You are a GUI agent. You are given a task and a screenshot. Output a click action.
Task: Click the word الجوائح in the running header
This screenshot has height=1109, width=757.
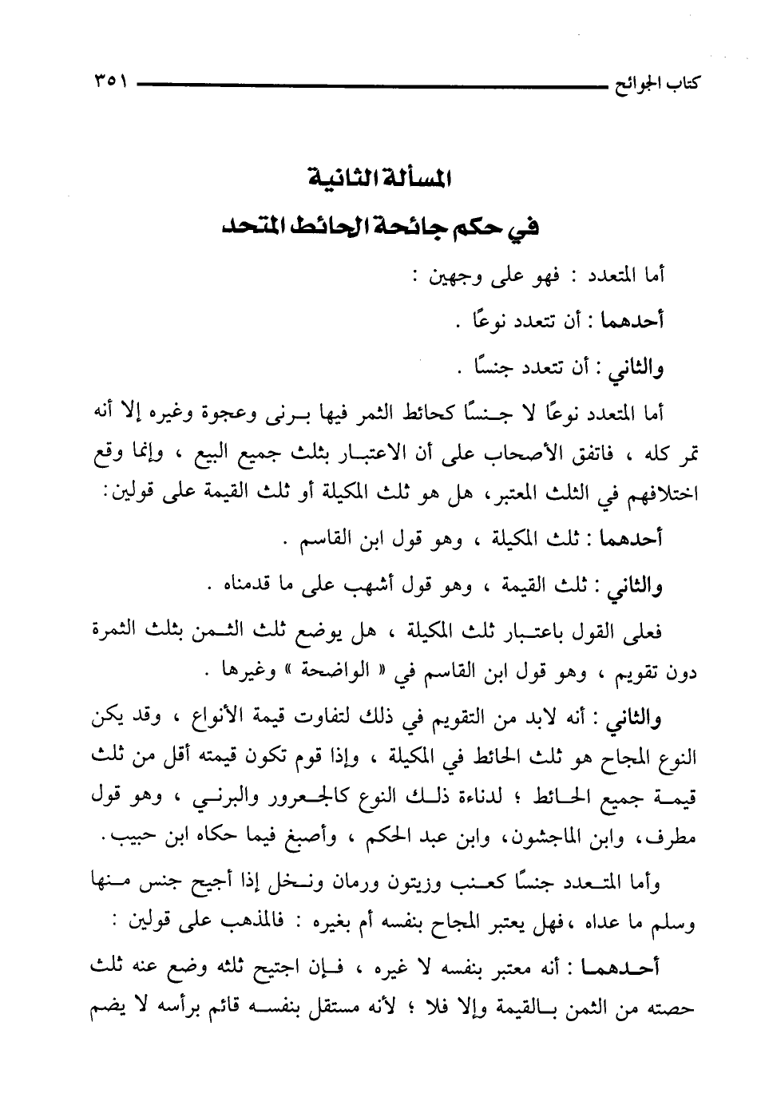tap(636, 83)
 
